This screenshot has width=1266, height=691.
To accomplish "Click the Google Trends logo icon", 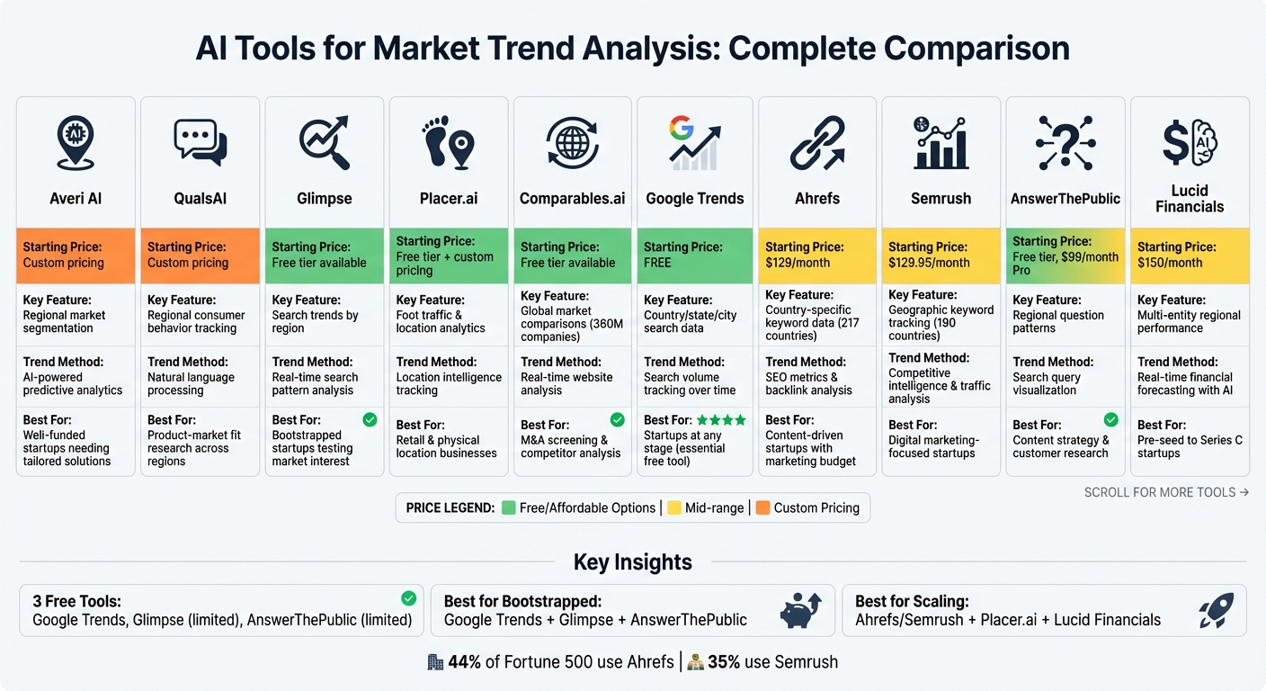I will (694, 143).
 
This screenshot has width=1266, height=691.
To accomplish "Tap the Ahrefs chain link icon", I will (817, 143).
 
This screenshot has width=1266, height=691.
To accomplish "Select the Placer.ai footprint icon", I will (447, 143).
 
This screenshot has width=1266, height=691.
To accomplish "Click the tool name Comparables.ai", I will (572, 198).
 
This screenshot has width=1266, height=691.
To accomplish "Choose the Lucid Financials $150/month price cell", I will (1189, 255).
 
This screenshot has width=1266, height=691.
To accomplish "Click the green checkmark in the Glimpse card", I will (370, 419).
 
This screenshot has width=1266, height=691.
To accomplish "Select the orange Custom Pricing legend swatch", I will (763, 507).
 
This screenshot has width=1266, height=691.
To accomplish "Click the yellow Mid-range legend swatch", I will (674, 507).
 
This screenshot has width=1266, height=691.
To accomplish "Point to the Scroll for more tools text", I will (1166, 492).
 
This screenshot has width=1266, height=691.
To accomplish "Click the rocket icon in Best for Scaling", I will (1216, 611).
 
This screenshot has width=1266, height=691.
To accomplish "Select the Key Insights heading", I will (633, 562).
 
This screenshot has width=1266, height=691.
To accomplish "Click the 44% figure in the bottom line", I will (464, 662).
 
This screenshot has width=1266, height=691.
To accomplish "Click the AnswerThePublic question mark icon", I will (1065, 143).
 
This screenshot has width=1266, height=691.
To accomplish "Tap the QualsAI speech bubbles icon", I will (200, 143).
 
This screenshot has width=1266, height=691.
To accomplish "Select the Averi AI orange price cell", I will (76, 255).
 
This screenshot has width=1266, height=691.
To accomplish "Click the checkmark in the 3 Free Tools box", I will (408, 598).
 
